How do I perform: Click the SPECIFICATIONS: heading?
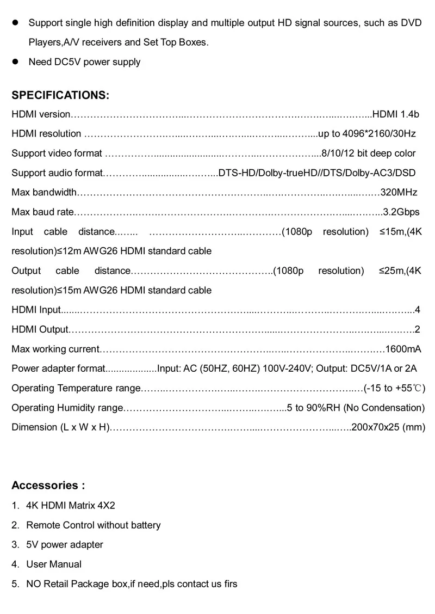point(60,95)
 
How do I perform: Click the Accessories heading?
point(48,485)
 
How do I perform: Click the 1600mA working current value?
point(403,349)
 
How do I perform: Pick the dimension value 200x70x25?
point(376,427)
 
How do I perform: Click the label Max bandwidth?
point(45,192)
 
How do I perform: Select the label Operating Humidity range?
point(68,408)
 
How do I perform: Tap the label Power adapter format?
point(58,369)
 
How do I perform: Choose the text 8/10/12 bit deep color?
point(368,153)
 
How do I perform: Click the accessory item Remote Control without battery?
point(94,525)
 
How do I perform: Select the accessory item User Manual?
point(54,564)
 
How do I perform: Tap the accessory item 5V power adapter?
point(65,545)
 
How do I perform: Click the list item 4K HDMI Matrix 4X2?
point(71,506)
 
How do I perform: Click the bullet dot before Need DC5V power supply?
point(16,62)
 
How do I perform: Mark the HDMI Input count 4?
point(417,310)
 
